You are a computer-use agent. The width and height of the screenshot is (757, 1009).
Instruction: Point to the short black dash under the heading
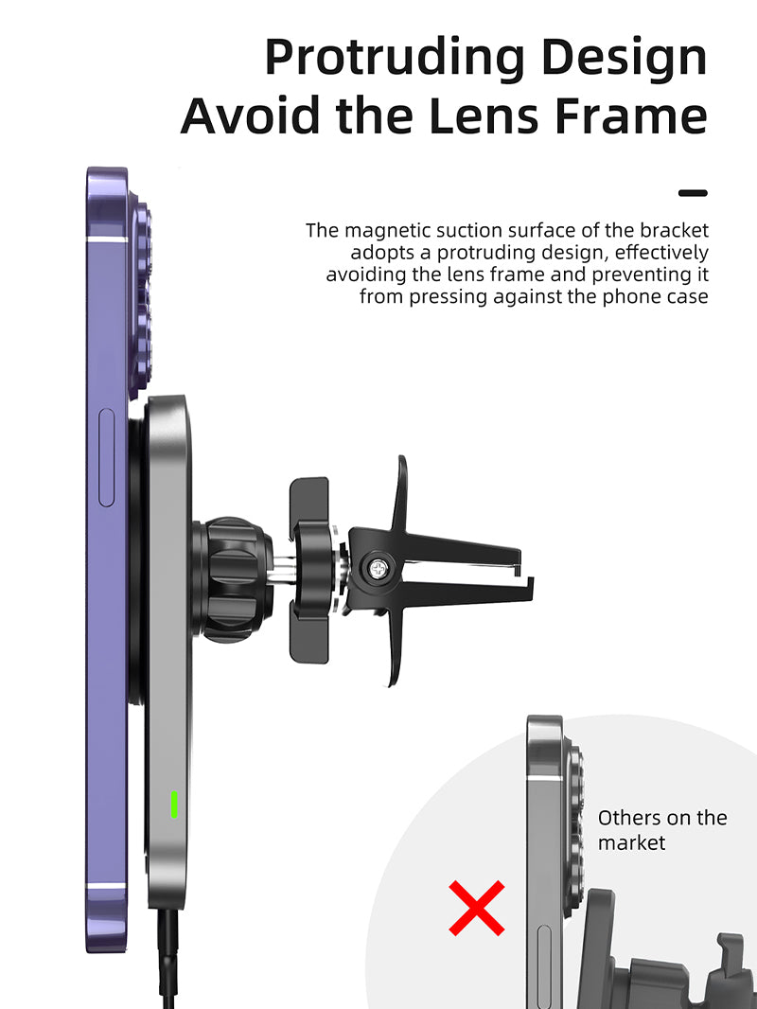click(693, 192)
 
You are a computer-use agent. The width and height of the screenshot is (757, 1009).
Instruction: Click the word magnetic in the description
click(388, 230)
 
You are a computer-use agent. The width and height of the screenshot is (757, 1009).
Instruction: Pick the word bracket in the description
click(674, 230)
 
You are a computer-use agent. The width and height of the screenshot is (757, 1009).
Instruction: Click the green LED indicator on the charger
click(174, 805)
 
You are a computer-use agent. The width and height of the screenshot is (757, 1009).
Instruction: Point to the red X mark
click(477, 908)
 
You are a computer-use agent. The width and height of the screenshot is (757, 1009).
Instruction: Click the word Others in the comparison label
click(628, 818)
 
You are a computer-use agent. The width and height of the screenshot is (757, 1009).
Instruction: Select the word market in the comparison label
click(631, 843)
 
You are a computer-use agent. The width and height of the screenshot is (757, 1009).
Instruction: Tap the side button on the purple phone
click(107, 457)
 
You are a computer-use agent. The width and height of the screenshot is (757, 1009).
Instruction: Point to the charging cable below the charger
click(167, 958)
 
